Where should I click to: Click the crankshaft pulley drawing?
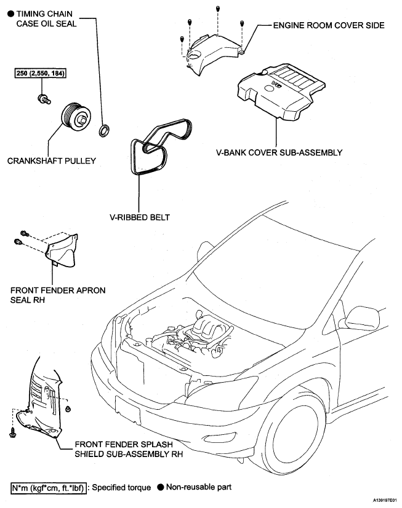[76, 117]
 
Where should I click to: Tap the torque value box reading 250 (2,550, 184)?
[41, 73]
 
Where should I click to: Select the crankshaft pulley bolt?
[44, 99]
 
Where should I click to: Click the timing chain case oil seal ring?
[104, 131]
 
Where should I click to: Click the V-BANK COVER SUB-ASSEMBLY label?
[279, 152]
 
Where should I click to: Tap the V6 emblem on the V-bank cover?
[276, 84]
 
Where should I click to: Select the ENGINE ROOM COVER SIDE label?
[329, 25]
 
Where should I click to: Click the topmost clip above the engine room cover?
[218, 8]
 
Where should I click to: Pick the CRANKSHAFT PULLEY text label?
[52, 161]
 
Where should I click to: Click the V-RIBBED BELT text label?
[140, 217]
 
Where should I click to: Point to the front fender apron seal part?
[62, 250]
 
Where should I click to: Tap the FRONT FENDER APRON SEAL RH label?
[58, 295]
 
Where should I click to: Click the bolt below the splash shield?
[13, 432]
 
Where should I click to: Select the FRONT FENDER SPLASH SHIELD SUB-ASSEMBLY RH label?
[129, 450]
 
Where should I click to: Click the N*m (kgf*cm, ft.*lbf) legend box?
[49, 488]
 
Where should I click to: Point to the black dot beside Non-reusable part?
[161, 487]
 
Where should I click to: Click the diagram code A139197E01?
[385, 500]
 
